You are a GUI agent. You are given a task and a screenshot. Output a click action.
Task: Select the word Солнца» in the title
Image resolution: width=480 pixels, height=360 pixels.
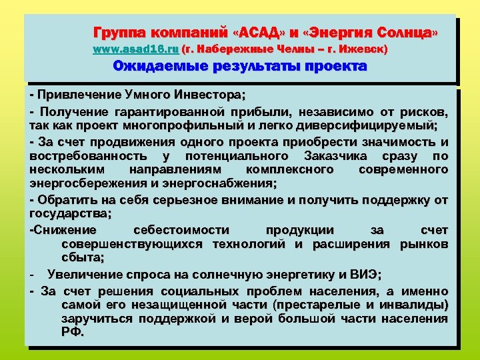tap(408, 32)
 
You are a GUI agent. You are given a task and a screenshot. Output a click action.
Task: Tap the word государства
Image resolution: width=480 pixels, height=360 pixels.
tap(70, 213)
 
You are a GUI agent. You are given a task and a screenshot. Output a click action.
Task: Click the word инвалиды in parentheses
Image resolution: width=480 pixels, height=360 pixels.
tap(413, 305)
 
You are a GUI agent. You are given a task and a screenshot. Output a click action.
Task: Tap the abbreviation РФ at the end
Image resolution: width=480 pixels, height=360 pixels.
tap(72, 333)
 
